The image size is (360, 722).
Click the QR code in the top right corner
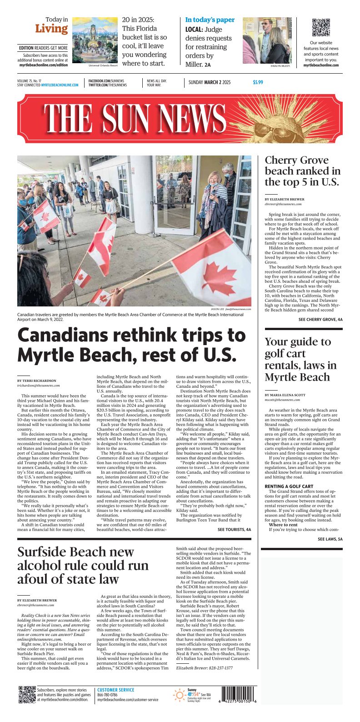point(321,27)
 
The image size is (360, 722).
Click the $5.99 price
point(258,82)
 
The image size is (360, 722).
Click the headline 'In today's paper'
point(210,20)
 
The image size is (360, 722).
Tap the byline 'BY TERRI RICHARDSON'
point(37,381)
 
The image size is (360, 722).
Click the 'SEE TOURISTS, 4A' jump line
point(234,530)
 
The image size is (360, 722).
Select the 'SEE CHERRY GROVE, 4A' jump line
point(320,320)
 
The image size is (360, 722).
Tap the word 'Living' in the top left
point(51,29)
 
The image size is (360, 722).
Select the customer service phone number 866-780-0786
point(108,695)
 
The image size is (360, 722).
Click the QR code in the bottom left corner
point(27,695)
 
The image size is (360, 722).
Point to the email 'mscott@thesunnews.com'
point(282,400)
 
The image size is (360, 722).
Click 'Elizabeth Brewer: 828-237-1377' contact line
point(204,668)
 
